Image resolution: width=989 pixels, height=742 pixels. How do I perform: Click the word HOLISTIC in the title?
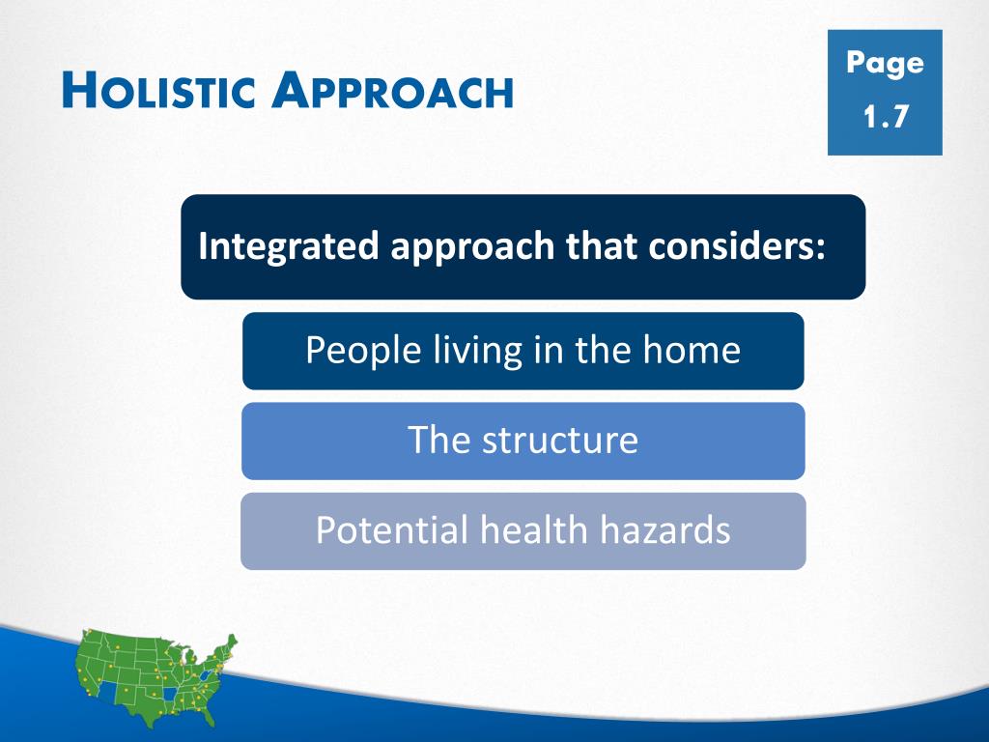159,90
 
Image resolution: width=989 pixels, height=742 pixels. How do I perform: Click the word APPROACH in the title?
393,90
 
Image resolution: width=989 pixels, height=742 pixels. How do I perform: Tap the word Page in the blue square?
885,64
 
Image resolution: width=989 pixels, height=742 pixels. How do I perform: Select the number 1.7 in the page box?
886,117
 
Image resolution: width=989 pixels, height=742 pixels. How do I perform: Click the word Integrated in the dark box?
288,246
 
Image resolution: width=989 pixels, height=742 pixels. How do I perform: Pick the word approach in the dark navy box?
472,247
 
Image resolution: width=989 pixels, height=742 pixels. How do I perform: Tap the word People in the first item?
363,351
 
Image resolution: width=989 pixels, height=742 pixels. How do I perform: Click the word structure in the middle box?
560,441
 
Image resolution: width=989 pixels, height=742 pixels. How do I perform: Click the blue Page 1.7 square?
885,92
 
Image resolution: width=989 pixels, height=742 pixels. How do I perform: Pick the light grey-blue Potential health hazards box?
523,531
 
